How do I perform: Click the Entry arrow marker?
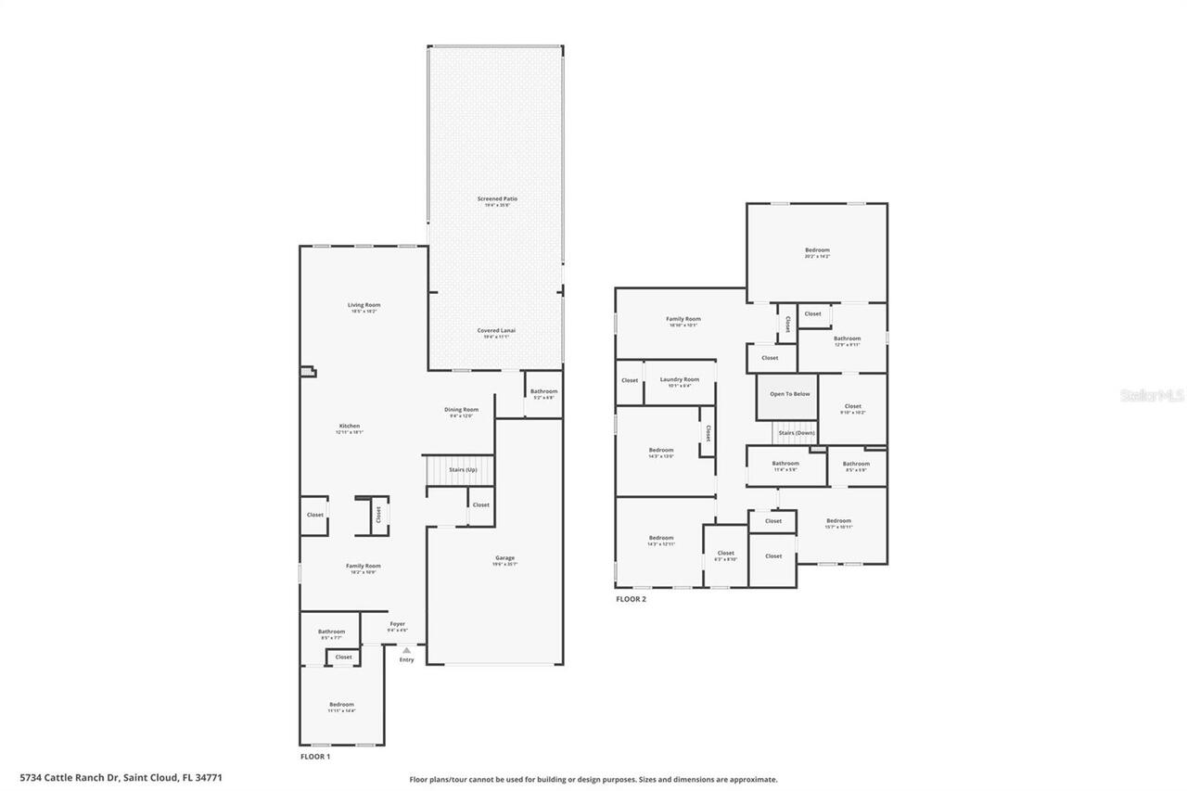point(406,651)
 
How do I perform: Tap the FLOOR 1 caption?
point(315,757)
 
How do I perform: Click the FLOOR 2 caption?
point(631,599)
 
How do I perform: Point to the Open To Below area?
point(789,394)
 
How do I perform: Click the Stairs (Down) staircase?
point(796,432)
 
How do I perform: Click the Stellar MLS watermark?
point(1152,395)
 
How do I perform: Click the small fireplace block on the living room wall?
point(307,372)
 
